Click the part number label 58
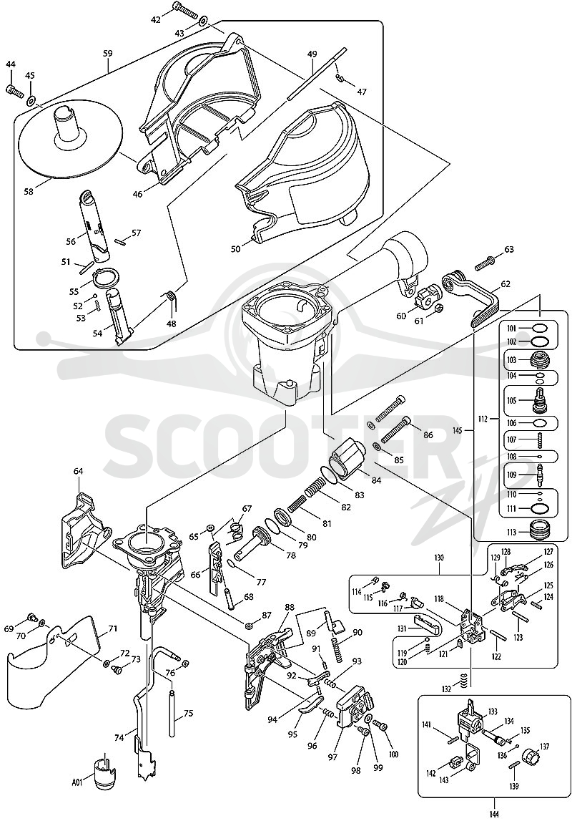[x=28, y=192]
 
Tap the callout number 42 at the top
[x=156, y=19]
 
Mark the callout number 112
[x=483, y=419]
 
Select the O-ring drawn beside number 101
[x=540, y=329]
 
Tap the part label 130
[x=438, y=558]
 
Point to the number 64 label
[x=78, y=471]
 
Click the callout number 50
[x=236, y=248]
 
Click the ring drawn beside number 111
[x=540, y=507]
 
